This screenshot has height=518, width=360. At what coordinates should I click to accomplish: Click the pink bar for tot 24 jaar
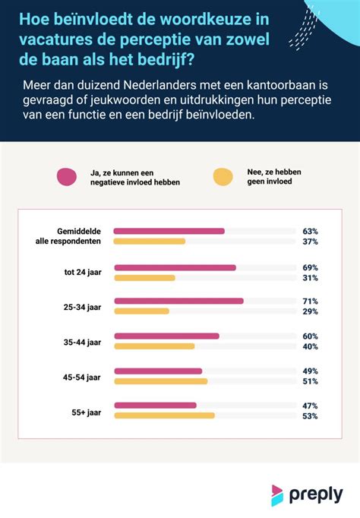pyautogui.click(x=175, y=267)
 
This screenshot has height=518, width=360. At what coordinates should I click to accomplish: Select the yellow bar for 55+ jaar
pyautogui.click(x=164, y=415)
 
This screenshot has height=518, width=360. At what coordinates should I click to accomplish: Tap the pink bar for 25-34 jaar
pyautogui.click(x=178, y=301)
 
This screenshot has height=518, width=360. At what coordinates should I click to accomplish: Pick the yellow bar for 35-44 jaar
pyautogui.click(x=154, y=346)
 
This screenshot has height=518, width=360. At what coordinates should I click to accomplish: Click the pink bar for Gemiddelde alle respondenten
pyautogui.click(x=169, y=231)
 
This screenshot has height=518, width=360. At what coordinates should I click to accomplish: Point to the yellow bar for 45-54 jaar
pyautogui.click(x=160, y=381)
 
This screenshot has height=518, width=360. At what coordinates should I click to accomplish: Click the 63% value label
pyautogui.click(x=309, y=231)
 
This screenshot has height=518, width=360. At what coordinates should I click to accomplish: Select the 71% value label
pyautogui.click(x=309, y=301)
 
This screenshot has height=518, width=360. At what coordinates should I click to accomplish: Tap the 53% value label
pyautogui.click(x=309, y=416)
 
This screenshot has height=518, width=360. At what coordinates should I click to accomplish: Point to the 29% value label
pyautogui.click(x=309, y=312)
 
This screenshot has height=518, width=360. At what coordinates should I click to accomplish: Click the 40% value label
pyautogui.click(x=309, y=347)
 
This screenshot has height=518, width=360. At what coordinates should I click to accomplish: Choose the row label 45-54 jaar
pyautogui.click(x=82, y=376)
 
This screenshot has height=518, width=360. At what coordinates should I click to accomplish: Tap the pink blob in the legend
pyautogui.click(x=67, y=176)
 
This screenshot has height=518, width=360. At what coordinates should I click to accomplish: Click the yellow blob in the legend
pyautogui.click(x=223, y=176)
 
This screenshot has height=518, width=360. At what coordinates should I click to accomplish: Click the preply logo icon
pyautogui.click(x=278, y=494)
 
